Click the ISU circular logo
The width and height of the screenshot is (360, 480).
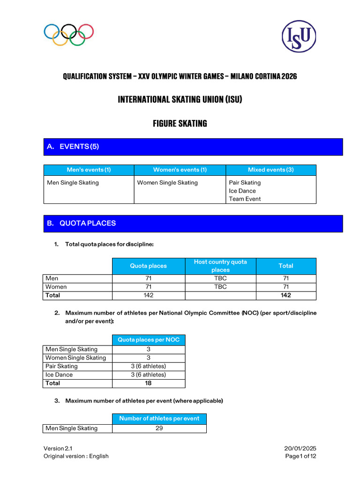(x=299, y=36)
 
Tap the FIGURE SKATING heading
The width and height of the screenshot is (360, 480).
(x=180, y=124)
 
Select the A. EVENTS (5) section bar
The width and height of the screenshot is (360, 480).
(x=193, y=147)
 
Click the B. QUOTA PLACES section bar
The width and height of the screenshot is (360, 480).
(x=193, y=224)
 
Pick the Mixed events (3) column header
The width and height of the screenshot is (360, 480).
(x=270, y=170)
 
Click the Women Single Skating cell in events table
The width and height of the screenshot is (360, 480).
(x=167, y=183)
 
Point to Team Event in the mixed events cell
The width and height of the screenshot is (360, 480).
(x=245, y=199)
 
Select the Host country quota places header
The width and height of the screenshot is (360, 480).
(x=220, y=266)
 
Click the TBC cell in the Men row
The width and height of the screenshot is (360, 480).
(x=220, y=278)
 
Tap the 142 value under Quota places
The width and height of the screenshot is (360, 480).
(x=148, y=295)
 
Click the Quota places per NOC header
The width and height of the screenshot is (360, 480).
(x=149, y=340)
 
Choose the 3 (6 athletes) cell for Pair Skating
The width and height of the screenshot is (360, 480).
(x=149, y=366)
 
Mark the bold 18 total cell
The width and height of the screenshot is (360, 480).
(x=149, y=383)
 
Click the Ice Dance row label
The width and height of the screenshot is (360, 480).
(x=59, y=375)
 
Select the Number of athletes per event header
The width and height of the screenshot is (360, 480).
(x=159, y=419)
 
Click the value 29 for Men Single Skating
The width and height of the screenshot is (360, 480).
(x=159, y=428)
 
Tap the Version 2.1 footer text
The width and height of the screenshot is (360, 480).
(x=58, y=449)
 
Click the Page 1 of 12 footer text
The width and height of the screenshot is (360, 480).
(x=301, y=456)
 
